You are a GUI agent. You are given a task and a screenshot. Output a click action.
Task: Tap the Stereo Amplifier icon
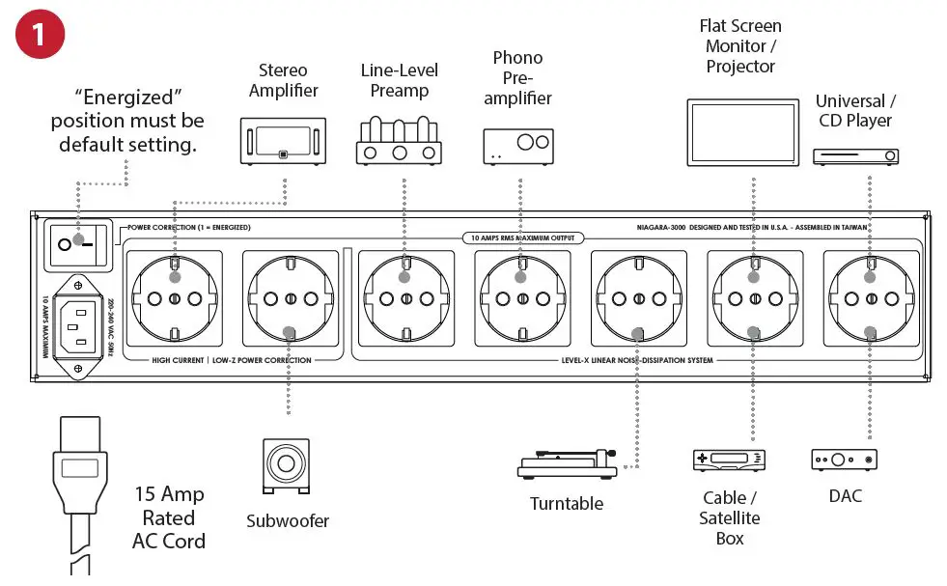click(282, 140)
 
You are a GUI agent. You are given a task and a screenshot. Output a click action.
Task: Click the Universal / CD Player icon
click(855, 155)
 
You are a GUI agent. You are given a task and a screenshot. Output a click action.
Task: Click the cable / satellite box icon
click(730, 460)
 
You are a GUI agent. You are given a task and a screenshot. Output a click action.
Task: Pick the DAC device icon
click(844, 460)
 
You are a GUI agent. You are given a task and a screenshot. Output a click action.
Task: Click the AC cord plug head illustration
click(81, 469)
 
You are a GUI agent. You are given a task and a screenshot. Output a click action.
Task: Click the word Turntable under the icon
click(567, 504)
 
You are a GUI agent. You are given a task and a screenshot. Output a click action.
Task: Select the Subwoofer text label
click(287, 521)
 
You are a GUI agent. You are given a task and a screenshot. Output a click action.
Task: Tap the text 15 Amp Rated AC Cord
click(169, 518)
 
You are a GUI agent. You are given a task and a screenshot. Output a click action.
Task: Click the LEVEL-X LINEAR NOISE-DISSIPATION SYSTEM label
click(636, 361)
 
